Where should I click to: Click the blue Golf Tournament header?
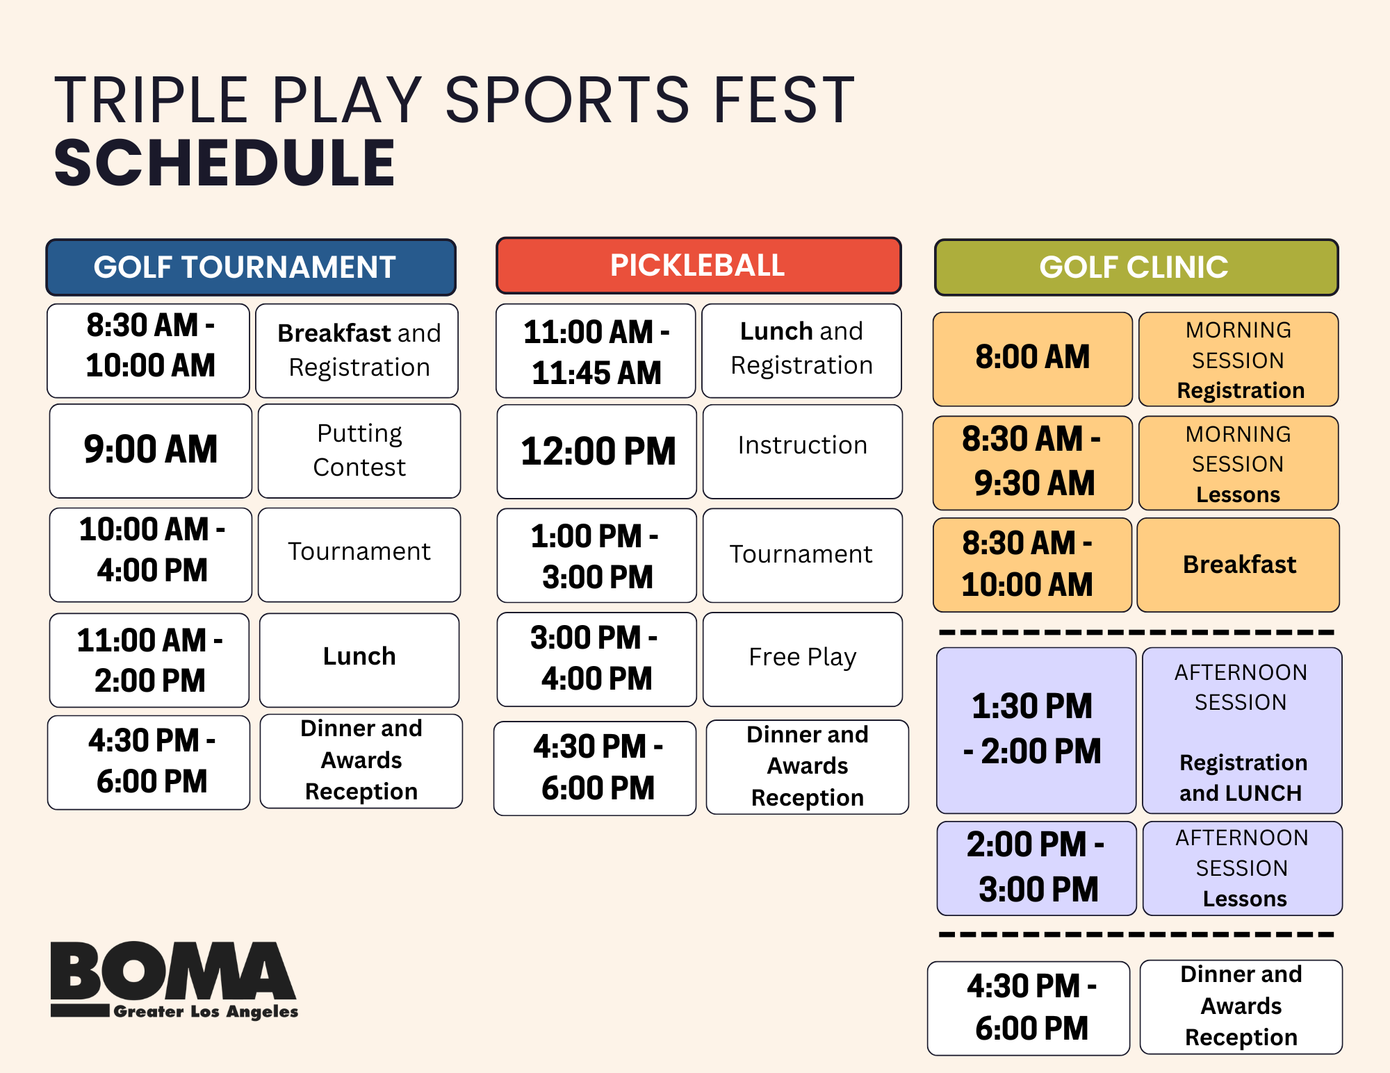251,267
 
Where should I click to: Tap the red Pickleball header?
698,265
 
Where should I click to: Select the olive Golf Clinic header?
1136,267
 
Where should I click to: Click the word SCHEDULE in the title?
224,163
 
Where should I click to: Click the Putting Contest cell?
359,451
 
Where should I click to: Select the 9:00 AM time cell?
151,451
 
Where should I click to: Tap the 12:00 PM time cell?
597,451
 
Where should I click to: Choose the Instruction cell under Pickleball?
803,451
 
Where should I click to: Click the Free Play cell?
803,659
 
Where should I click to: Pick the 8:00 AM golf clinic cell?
1033,359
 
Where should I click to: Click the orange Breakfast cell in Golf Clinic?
1238,565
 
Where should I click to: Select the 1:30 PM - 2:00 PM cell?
1036,730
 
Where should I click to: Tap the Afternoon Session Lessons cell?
1243,868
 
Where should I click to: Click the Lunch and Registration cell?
802,351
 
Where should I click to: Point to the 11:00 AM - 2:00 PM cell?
149,660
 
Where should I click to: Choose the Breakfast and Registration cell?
357,351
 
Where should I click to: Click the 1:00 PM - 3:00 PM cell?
597,556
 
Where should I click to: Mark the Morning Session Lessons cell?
1238,463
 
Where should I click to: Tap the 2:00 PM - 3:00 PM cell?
1037,868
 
